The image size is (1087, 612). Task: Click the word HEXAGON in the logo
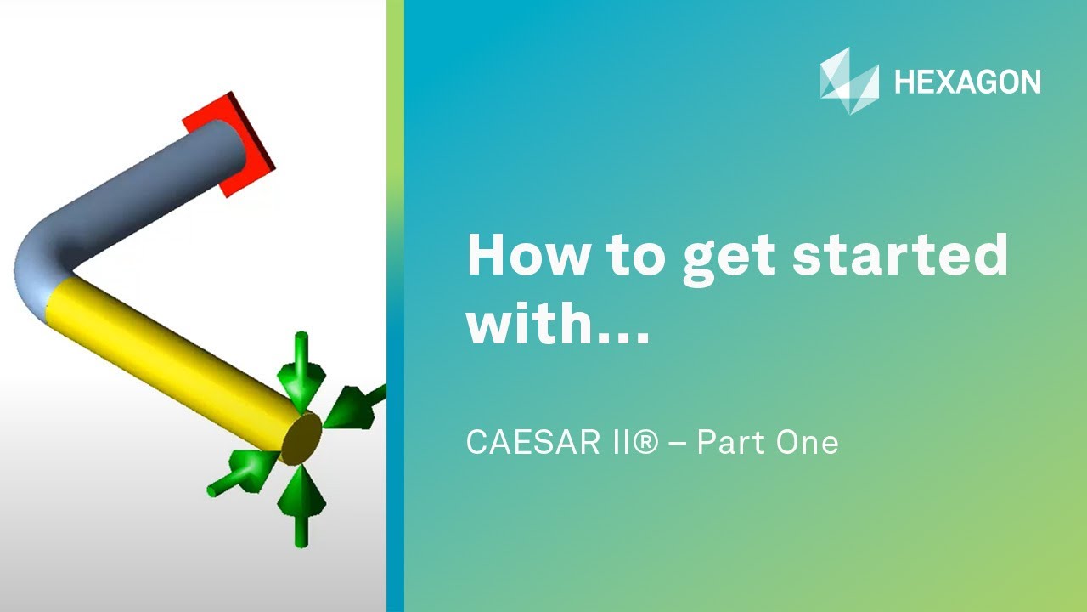967,82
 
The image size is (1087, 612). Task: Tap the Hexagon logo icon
849,81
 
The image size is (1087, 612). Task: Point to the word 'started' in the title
900,256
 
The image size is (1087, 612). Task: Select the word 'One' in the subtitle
808,443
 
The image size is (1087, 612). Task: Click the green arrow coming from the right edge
352,404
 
